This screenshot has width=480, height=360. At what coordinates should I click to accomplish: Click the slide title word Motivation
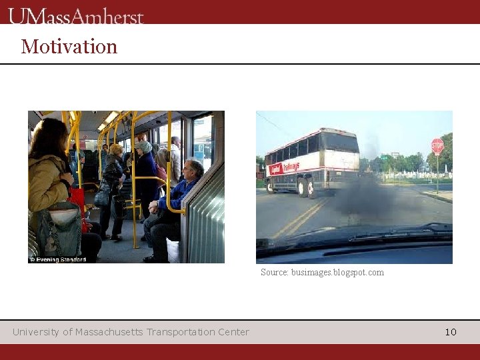coord(69,47)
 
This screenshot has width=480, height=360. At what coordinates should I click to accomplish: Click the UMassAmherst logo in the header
coord(76,15)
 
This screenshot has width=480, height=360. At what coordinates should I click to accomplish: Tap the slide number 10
coord(451,332)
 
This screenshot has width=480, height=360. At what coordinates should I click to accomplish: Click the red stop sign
coord(437,146)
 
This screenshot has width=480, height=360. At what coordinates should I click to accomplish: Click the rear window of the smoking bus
coord(339,142)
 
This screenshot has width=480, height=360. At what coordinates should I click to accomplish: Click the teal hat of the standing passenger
coord(143,146)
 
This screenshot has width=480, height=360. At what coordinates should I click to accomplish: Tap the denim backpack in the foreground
coord(59,230)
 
